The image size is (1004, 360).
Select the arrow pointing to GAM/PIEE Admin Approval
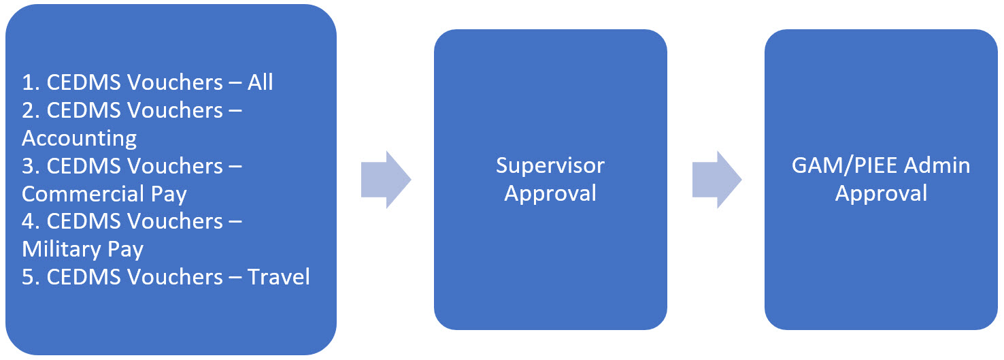[x=716, y=180]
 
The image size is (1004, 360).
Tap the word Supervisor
[x=550, y=165]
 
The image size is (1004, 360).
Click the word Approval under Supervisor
[x=550, y=193]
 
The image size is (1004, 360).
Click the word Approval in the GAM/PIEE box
[x=881, y=193]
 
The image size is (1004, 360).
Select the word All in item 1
[x=260, y=82]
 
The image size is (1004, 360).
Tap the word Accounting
[x=79, y=139]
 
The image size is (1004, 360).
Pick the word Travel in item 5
[x=278, y=277]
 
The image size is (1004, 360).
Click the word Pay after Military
[x=127, y=249]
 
